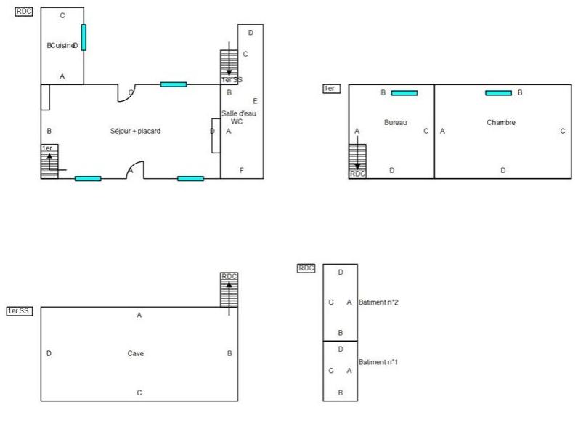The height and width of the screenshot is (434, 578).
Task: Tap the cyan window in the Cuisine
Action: click(x=84, y=37)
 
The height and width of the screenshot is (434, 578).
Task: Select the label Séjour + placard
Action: click(x=135, y=131)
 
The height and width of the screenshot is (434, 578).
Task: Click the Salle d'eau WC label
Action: click(x=238, y=117)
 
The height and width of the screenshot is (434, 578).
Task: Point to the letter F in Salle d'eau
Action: click(x=241, y=170)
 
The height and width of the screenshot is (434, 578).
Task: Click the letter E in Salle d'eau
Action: click(x=255, y=100)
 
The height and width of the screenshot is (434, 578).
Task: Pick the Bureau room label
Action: click(x=396, y=122)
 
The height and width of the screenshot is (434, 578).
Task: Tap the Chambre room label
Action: click(x=501, y=122)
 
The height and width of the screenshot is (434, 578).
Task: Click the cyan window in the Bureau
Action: click(x=404, y=92)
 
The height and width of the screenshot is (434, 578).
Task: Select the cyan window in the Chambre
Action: click(x=499, y=92)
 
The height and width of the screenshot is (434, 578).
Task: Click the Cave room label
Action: click(x=136, y=353)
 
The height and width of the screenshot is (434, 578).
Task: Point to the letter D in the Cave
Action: click(x=49, y=353)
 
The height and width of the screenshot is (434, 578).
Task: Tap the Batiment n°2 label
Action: click(x=380, y=302)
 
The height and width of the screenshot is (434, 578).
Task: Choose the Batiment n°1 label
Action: click(x=380, y=361)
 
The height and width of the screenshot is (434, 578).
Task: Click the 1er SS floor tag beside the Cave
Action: click(x=19, y=310)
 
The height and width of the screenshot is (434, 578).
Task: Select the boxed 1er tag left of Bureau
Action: click(x=330, y=88)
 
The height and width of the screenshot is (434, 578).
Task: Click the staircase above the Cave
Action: click(x=229, y=290)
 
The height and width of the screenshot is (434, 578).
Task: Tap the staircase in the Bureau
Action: click(x=358, y=158)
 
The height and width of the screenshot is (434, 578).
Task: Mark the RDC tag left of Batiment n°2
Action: click(x=306, y=268)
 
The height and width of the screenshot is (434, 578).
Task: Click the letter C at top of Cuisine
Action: click(x=62, y=15)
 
